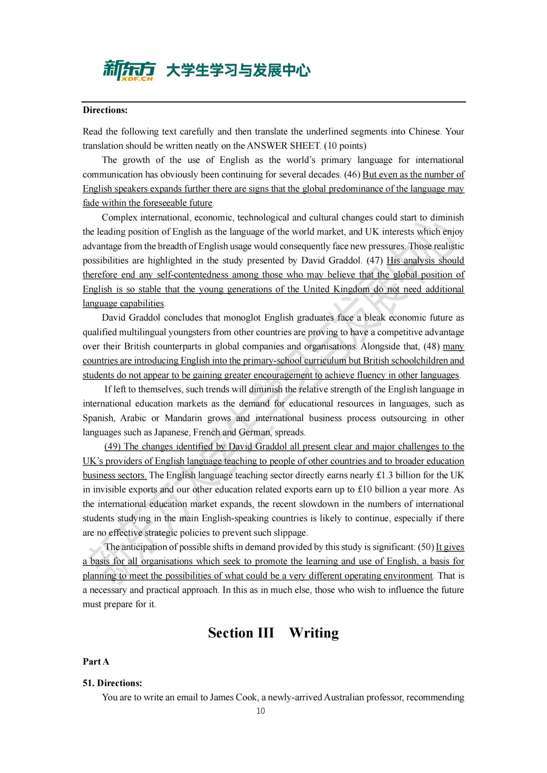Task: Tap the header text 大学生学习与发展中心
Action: (238, 71)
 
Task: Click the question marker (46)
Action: (352, 174)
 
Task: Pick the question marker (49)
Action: (112, 446)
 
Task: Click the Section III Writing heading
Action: (273, 633)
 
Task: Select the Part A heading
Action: (96, 662)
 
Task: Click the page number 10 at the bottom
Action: (260, 711)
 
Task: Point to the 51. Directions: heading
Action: (112, 683)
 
